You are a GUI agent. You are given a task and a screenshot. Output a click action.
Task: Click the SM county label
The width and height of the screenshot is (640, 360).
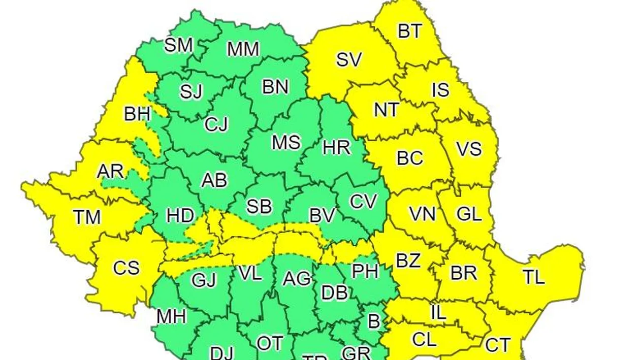179,45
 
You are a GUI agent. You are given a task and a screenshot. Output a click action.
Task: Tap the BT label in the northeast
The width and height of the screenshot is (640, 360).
409,31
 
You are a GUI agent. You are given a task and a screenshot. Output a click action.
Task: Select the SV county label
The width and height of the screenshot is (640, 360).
349,60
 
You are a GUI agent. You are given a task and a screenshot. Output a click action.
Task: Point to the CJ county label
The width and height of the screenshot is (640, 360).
217,124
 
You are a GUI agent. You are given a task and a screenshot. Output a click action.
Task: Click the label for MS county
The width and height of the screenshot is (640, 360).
286,143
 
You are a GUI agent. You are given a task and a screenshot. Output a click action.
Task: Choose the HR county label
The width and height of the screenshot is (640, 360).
337,148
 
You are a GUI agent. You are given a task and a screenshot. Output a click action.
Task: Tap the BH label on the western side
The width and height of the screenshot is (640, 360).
137,114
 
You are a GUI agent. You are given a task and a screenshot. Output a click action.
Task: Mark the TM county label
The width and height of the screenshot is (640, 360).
87,217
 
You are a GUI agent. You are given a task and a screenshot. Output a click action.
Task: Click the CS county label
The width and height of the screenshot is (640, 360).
126,267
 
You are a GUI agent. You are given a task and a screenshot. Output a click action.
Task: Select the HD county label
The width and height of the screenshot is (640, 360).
180,216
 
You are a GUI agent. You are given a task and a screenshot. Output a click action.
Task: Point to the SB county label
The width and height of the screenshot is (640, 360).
259,207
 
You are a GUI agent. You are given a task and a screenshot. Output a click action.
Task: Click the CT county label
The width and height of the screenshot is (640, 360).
498,344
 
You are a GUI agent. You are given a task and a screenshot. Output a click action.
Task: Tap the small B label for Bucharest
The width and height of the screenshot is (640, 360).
374,321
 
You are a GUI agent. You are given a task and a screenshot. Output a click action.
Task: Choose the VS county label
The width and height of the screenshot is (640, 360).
468,150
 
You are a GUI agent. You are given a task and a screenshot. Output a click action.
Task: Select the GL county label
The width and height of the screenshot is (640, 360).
469,214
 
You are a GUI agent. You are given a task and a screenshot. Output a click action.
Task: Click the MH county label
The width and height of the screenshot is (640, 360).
171,316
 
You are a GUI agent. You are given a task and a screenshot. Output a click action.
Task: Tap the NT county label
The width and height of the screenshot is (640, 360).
387,110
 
